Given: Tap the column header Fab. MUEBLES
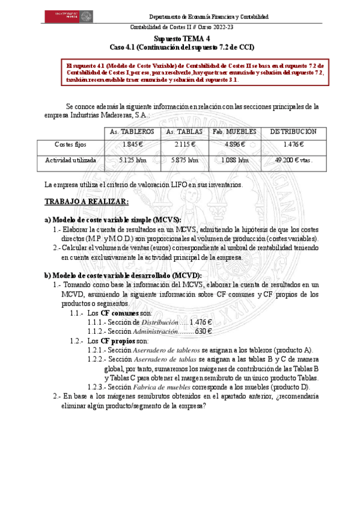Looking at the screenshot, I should pyautogui.click(x=234, y=132).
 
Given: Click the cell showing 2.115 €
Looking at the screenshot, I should pyautogui.click(x=184, y=145).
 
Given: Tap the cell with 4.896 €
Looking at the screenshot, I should pyautogui.click(x=234, y=145).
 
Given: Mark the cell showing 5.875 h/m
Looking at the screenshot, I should pyautogui.click(x=184, y=161).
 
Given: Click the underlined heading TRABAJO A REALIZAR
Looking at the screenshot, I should pyautogui.click(x=87, y=201).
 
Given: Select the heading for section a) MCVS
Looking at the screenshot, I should pyautogui.click(x=113, y=220).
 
